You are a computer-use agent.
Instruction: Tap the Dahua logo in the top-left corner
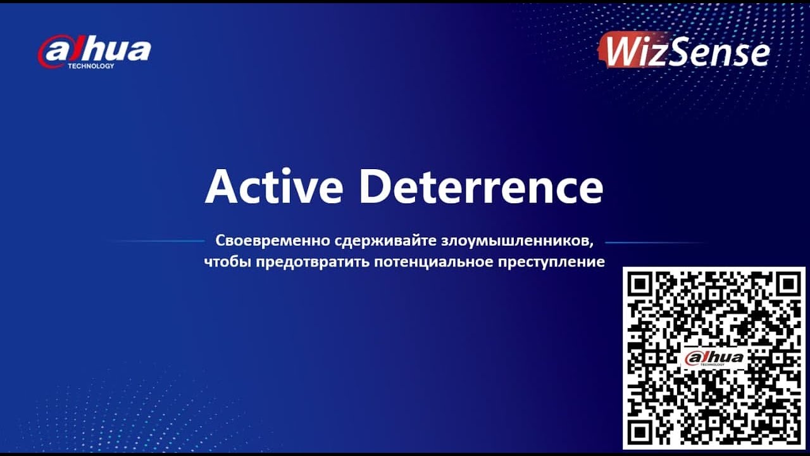pos(94,51)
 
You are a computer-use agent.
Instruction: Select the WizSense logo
pos(684,51)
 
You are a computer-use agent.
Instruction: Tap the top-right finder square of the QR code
pos(787,284)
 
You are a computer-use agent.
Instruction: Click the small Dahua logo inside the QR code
pos(714,358)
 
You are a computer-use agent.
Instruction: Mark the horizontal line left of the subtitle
pos(158,241)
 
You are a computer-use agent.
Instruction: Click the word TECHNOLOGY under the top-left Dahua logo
pos(90,66)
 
